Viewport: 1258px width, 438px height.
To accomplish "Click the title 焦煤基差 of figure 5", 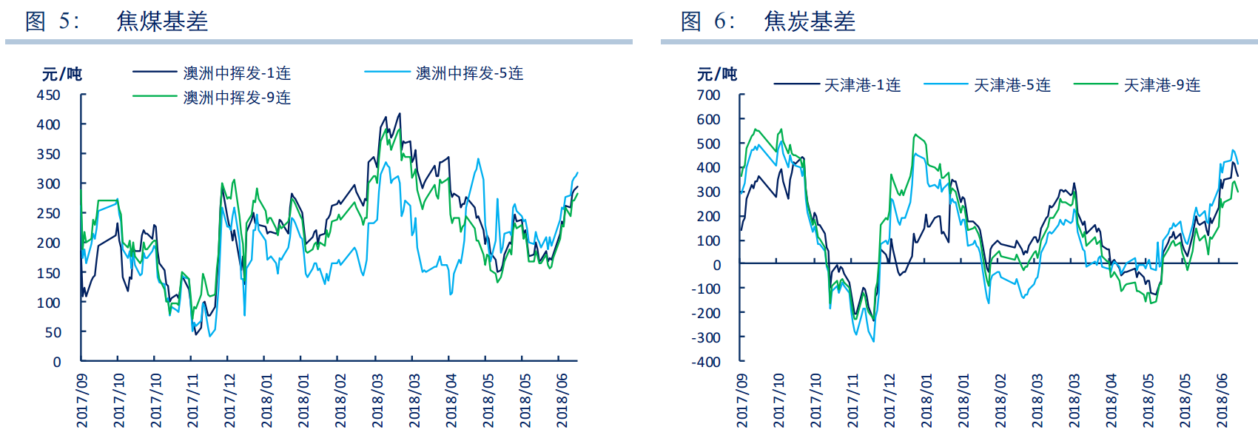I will pyautogui.click(x=162, y=21).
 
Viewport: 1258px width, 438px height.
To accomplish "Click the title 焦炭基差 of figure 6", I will pyautogui.click(x=810, y=21).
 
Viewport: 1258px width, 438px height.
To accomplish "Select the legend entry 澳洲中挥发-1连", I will pyautogui.click(x=237, y=73).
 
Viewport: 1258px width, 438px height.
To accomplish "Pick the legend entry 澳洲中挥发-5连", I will pyautogui.click(x=469, y=73).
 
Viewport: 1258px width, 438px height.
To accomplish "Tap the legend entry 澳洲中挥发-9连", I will pyautogui.click(x=237, y=98).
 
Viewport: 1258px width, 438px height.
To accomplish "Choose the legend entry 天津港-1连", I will pyautogui.click(x=862, y=85).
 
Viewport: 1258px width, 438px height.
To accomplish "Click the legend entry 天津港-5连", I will pyautogui.click(x=1012, y=85).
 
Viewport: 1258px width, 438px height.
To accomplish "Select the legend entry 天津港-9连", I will pyautogui.click(x=1162, y=85).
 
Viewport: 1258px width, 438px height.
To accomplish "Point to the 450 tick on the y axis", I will pyautogui.click(x=49, y=95).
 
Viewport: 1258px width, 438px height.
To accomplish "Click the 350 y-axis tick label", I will pyautogui.click(x=49, y=154).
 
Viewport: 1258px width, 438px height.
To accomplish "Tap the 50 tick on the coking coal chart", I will pyautogui.click(x=53, y=332).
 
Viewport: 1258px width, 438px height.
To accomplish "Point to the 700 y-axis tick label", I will pyautogui.click(x=708, y=95).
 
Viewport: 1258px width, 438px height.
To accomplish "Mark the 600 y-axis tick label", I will pyautogui.click(x=708, y=119).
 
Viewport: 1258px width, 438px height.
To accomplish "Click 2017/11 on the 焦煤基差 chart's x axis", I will pyautogui.click(x=192, y=400).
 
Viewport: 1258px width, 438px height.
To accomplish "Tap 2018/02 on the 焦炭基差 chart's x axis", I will pyautogui.click(x=1000, y=400).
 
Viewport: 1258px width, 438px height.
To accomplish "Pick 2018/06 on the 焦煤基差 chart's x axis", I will pyautogui.click(x=562, y=400).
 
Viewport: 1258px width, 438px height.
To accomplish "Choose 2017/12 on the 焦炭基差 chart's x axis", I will pyautogui.click(x=889, y=400).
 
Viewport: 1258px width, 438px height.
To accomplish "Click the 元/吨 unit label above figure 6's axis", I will pyautogui.click(x=716, y=74).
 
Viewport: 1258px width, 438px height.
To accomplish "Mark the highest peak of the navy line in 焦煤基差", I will pyautogui.click(x=400, y=114).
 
